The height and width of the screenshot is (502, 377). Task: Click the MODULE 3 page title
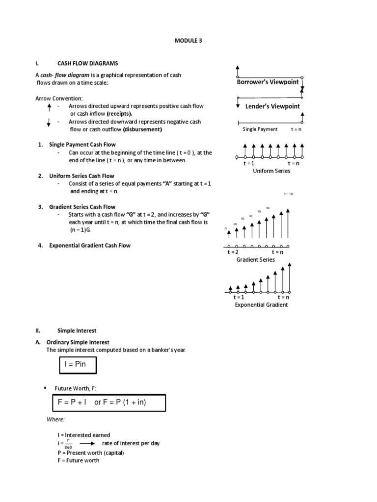pos(188,41)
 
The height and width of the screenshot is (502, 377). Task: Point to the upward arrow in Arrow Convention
pos(49,107)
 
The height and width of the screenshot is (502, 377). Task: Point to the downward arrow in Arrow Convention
pos(49,123)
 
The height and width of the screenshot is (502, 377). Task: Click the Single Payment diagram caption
pos(260,129)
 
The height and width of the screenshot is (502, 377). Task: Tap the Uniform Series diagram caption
pos(271,171)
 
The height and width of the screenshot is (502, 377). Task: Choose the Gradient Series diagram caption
pos(256,259)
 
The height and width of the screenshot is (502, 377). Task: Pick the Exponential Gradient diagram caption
pos(262,304)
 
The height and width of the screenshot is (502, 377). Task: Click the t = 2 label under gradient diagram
pos(233,252)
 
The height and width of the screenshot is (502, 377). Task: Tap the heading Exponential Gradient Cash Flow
pos(89,246)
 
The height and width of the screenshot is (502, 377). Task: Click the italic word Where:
pos(55,420)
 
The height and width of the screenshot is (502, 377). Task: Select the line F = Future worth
pos(78,460)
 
